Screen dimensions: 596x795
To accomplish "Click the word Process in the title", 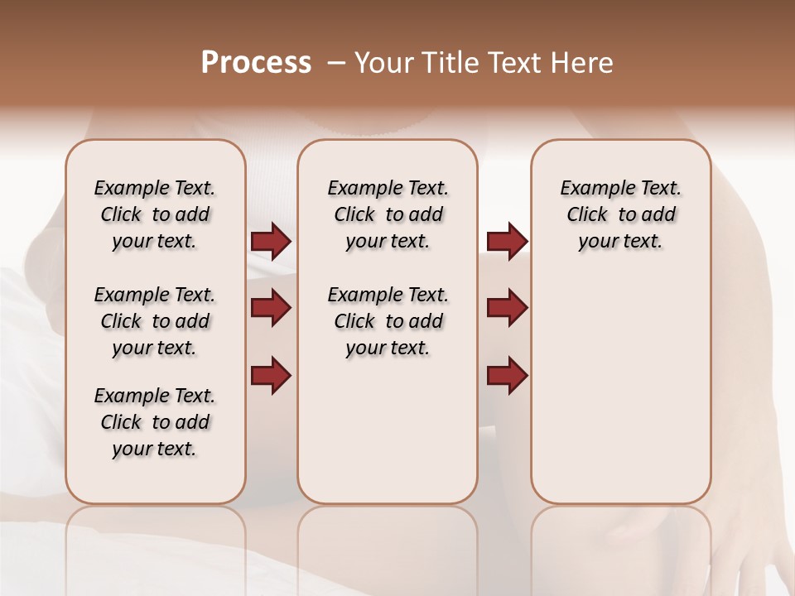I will coord(256,63).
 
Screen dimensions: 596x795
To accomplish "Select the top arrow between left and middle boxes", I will coord(271,242).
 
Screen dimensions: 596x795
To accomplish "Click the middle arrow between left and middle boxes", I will coord(271,308).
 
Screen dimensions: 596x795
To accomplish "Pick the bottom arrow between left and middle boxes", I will coord(271,375).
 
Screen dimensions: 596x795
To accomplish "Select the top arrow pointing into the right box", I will coord(507,242).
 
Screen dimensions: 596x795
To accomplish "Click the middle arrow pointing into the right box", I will coord(507,308).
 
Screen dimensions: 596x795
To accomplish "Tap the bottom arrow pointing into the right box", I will coord(507,375).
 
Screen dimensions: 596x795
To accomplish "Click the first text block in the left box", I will coord(155,214).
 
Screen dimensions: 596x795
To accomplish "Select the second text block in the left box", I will coord(155,321).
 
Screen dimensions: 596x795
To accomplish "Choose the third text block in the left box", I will coord(155,422).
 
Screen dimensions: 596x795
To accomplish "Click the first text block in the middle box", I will coord(388,214).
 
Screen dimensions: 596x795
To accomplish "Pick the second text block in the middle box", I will coord(388,321).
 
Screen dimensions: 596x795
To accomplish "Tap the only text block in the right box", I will coord(620,214).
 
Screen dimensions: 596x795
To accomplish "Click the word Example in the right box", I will coord(592,189).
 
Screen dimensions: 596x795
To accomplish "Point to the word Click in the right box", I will coord(587,215).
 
